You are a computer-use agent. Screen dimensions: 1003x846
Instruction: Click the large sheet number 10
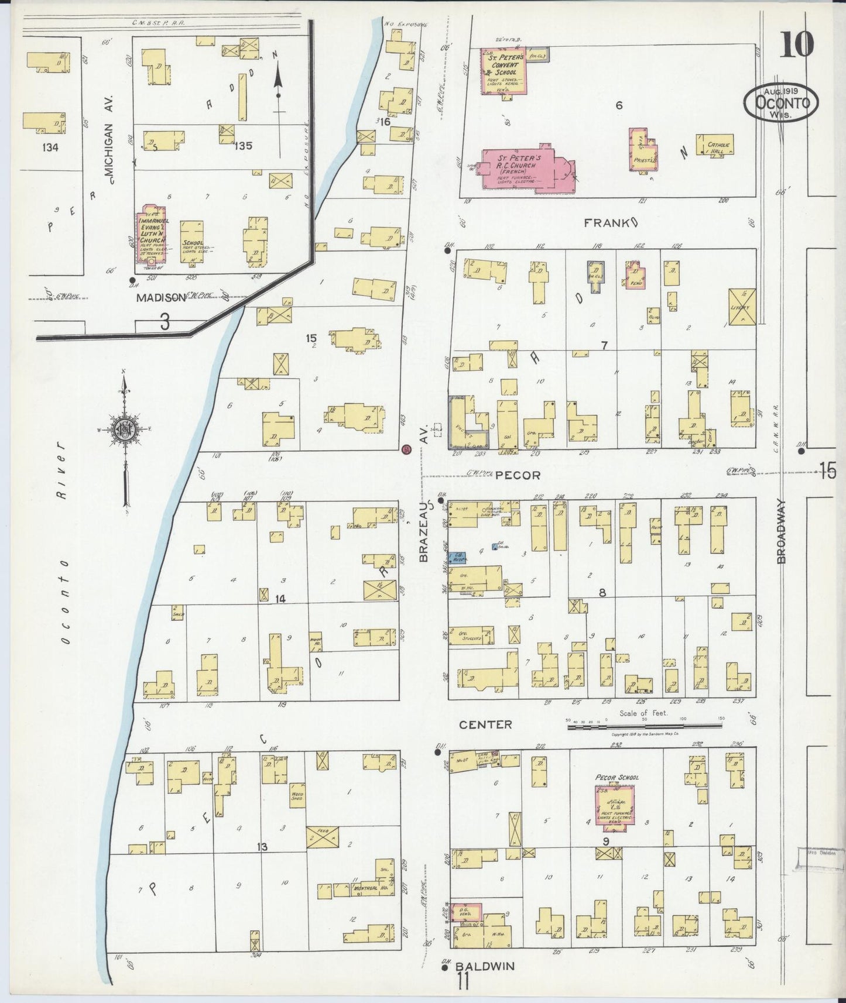[x=796, y=44]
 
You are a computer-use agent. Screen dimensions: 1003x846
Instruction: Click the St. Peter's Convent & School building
[x=503, y=70]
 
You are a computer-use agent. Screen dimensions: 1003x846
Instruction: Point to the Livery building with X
[x=742, y=305]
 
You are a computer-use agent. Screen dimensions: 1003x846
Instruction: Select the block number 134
[x=50, y=147]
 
